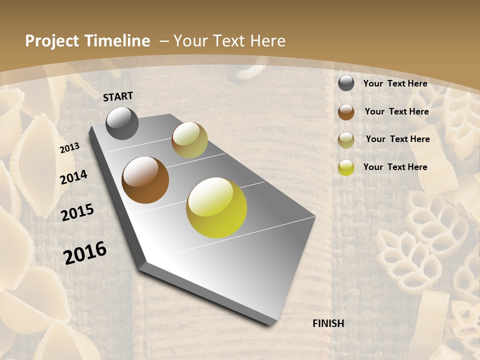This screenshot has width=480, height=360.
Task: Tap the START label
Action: click(118, 96)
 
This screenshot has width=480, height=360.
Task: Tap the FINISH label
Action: click(328, 323)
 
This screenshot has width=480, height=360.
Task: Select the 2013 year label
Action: click(70, 148)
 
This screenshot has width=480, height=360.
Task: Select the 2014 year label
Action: click(74, 177)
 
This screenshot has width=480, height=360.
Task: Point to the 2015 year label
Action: click(77, 212)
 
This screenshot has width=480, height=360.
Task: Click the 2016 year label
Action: click(85, 252)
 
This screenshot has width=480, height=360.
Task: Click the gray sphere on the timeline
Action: click(122, 123)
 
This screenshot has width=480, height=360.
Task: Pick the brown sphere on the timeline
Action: click(145, 180)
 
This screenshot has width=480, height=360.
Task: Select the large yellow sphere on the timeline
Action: click(216, 207)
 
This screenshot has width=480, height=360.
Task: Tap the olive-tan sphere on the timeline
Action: click(189, 140)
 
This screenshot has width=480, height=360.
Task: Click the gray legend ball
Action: click(346, 83)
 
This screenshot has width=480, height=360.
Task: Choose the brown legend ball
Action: click(346, 112)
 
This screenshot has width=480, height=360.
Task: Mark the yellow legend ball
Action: click(346, 167)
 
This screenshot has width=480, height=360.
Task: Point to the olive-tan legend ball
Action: click(346, 140)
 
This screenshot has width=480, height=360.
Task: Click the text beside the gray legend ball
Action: click(395, 83)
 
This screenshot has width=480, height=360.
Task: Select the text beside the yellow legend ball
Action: click(395, 167)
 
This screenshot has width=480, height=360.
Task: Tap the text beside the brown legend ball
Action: click(397, 111)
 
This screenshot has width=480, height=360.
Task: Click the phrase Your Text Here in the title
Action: click(229, 41)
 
